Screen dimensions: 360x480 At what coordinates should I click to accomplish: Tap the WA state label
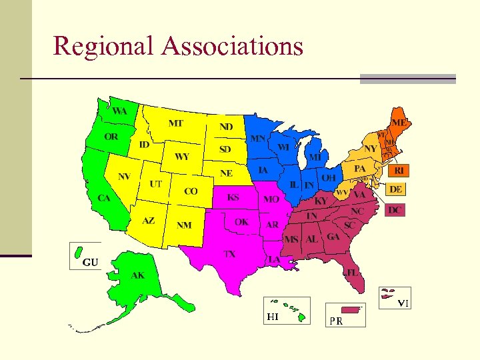point(119,111)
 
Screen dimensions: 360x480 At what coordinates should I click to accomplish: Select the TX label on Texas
point(229,254)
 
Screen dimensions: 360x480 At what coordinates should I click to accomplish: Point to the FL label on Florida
point(351,273)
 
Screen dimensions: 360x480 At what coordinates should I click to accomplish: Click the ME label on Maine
point(399,123)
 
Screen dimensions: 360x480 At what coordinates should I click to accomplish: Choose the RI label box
point(399,171)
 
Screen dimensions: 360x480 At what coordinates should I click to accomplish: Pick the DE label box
point(396,189)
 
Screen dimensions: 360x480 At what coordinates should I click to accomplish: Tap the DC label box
point(396,209)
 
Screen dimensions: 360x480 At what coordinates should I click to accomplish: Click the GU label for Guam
point(90,262)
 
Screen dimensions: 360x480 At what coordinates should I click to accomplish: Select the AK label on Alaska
point(138,275)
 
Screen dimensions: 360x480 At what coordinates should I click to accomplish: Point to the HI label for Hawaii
point(273,317)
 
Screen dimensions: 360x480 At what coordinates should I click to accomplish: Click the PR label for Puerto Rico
point(335,321)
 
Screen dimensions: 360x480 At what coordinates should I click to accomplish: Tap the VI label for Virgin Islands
point(403,304)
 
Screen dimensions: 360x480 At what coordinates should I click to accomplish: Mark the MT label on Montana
point(176,123)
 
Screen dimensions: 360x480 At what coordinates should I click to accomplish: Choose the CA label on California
point(103,198)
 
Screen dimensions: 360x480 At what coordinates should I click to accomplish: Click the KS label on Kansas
point(233,197)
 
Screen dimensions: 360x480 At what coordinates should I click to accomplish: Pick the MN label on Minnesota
point(257,139)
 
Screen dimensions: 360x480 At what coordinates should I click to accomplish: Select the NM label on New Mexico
point(184,225)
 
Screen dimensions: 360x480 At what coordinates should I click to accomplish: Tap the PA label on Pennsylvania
point(360,169)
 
